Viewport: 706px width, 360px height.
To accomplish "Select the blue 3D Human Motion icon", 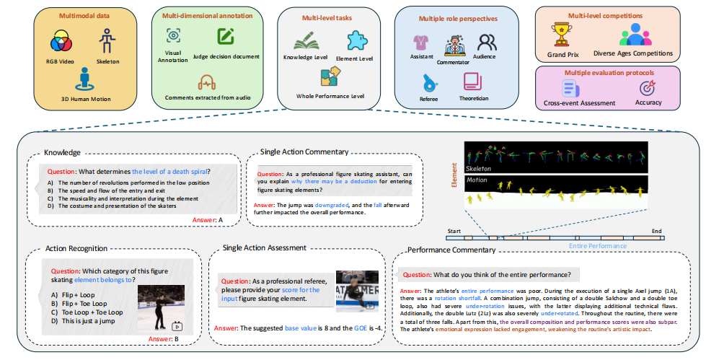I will (86, 76).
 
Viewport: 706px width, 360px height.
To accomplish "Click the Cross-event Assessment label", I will (579, 103).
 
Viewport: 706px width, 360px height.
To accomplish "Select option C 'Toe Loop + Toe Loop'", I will (92, 312).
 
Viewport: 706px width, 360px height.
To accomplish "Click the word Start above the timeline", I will (454, 232).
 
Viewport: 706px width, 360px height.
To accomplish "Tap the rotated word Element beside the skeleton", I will (455, 172).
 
